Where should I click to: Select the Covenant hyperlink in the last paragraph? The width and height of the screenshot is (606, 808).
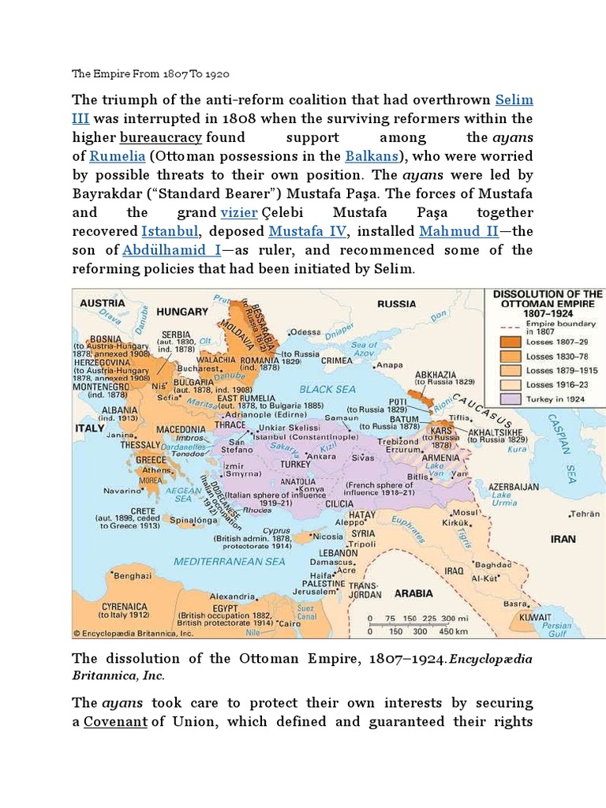pos(115,721)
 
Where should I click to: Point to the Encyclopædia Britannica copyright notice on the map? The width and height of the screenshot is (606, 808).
pos(134,633)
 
